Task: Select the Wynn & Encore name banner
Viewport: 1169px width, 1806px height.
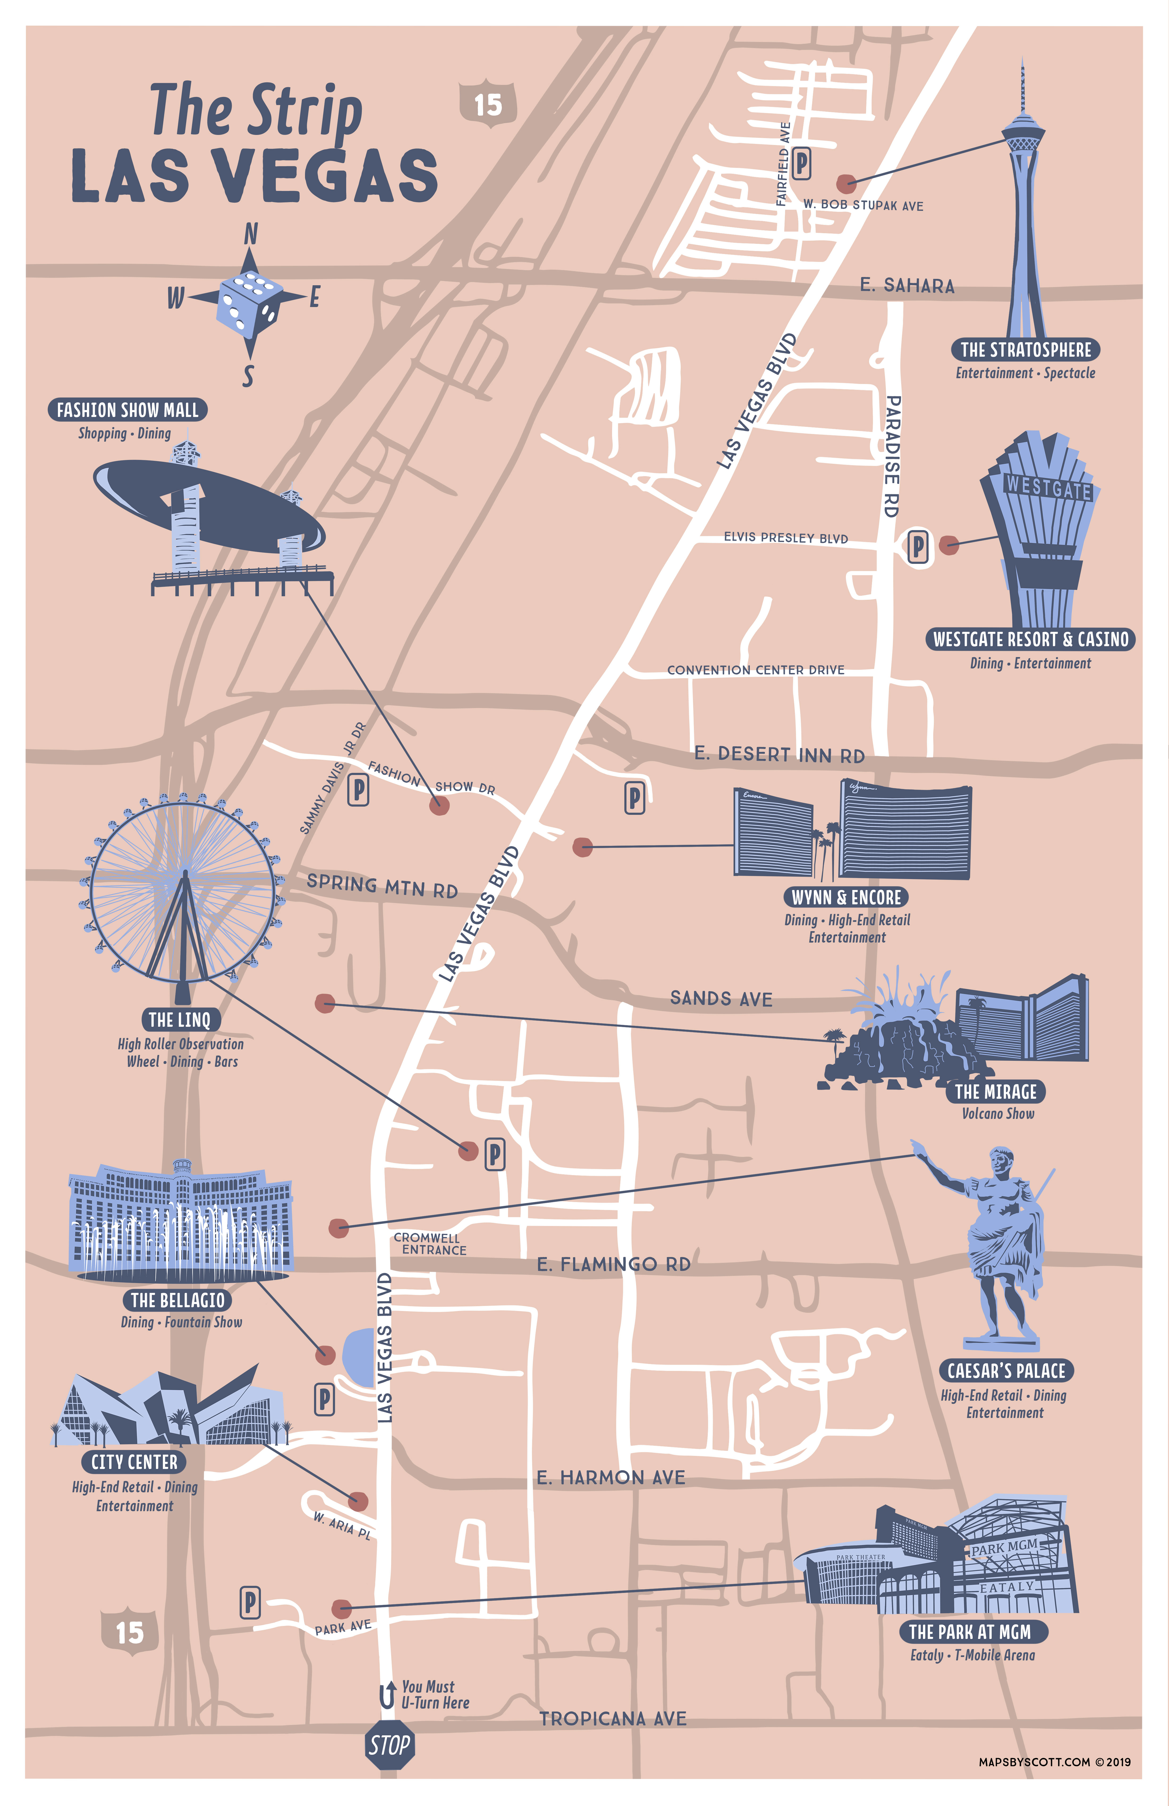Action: tap(846, 897)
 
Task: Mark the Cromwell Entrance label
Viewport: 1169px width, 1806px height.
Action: tap(430, 1244)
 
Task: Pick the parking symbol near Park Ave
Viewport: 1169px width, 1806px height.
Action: tap(250, 1603)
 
